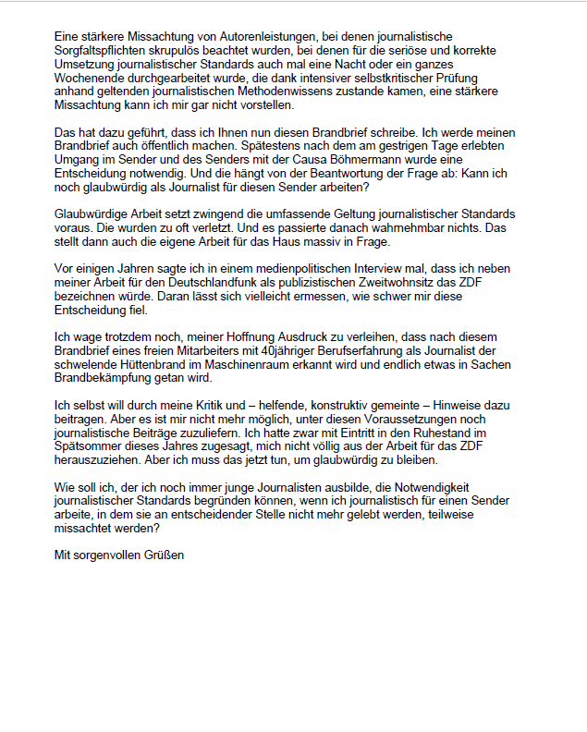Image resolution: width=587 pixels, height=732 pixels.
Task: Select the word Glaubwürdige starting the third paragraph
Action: pyautogui.click(x=93, y=213)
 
